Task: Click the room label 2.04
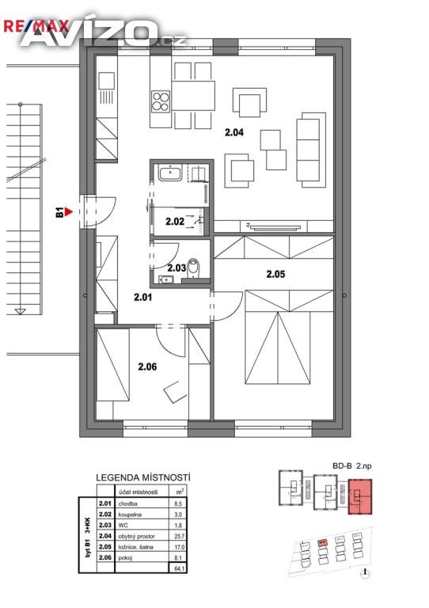click(233, 132)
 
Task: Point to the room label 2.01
click(143, 298)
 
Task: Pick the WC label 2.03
click(177, 268)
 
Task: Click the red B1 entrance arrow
click(70, 212)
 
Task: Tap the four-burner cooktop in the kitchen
click(161, 102)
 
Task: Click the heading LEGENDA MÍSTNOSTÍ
click(142, 478)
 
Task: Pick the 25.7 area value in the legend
click(179, 535)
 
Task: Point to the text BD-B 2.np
click(351, 468)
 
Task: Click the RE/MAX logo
click(30, 25)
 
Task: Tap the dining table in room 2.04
click(192, 96)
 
